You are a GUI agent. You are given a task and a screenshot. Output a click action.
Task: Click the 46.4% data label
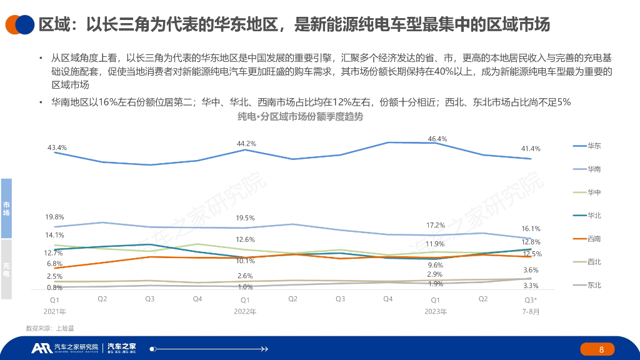click(x=437, y=139)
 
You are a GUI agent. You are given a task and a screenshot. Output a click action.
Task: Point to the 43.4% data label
click(x=57, y=147)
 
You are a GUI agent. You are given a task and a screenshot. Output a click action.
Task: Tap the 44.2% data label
click(x=246, y=144)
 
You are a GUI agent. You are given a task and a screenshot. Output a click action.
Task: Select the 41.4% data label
click(x=531, y=149)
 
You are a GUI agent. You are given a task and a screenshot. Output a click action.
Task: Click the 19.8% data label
click(x=54, y=217)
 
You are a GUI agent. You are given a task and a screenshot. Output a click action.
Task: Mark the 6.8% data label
click(x=54, y=264)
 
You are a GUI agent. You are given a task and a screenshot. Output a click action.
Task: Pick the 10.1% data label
click(x=245, y=261)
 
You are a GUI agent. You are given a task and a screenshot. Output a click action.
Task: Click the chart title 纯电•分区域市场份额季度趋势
click(x=300, y=116)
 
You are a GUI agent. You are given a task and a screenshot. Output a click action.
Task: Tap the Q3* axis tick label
click(x=531, y=299)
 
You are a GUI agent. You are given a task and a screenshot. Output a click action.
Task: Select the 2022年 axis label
click(x=245, y=311)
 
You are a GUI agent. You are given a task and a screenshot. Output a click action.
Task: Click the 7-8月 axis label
click(x=531, y=311)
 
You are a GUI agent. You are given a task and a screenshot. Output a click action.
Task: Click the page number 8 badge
click(x=601, y=349)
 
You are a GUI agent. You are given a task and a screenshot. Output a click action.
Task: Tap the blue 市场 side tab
click(x=6, y=209)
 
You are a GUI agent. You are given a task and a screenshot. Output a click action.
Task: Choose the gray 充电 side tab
click(x=6, y=269)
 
